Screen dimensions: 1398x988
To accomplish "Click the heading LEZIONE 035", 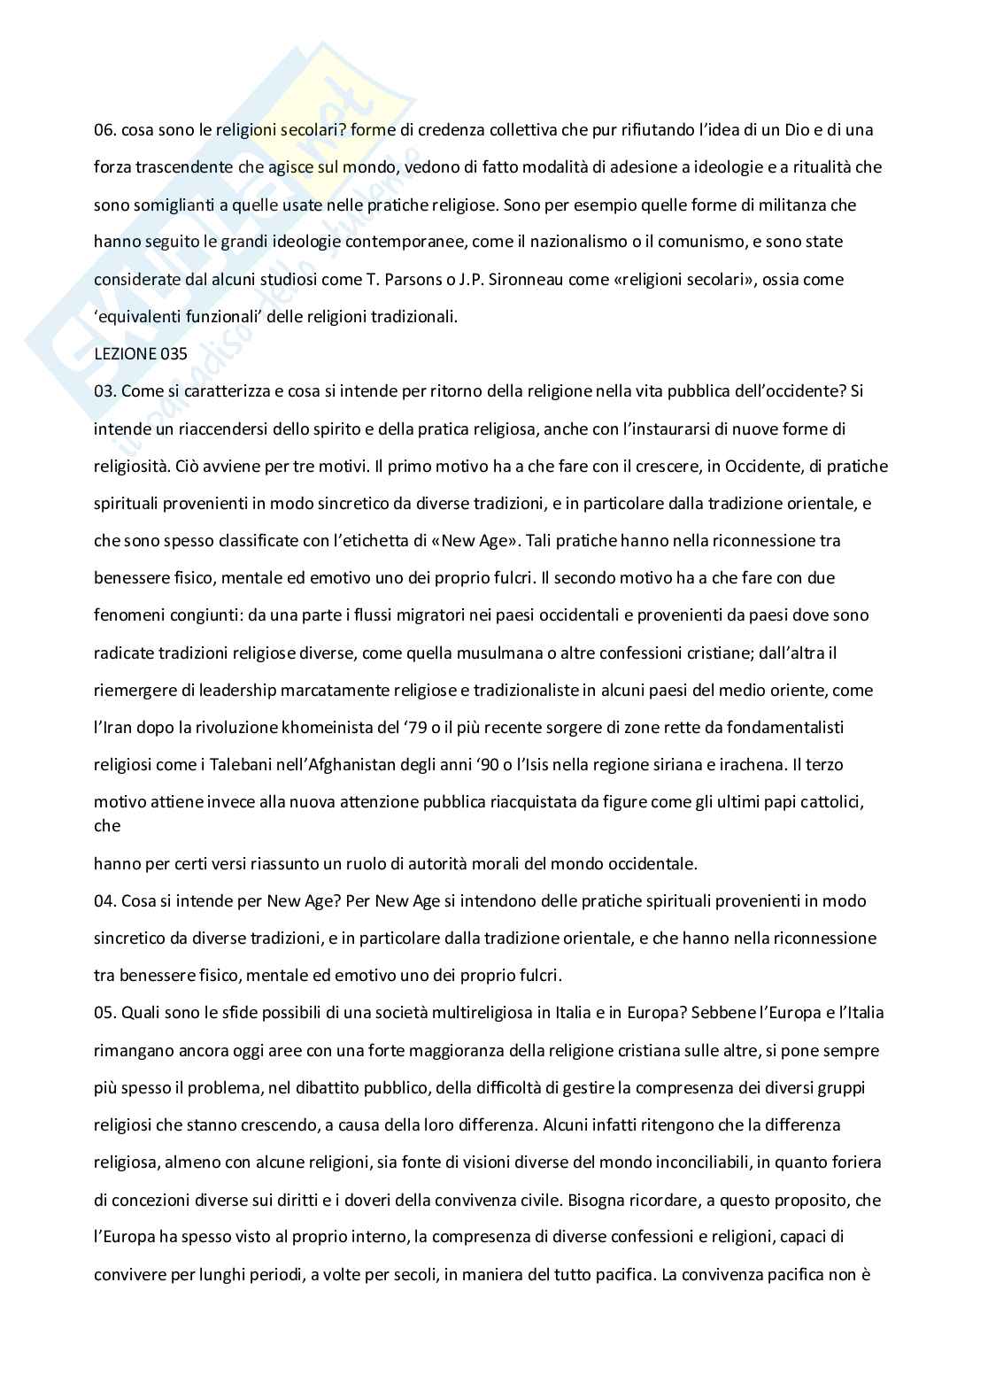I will coord(141,353).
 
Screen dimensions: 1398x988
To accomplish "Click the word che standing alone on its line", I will coord(107,826).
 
